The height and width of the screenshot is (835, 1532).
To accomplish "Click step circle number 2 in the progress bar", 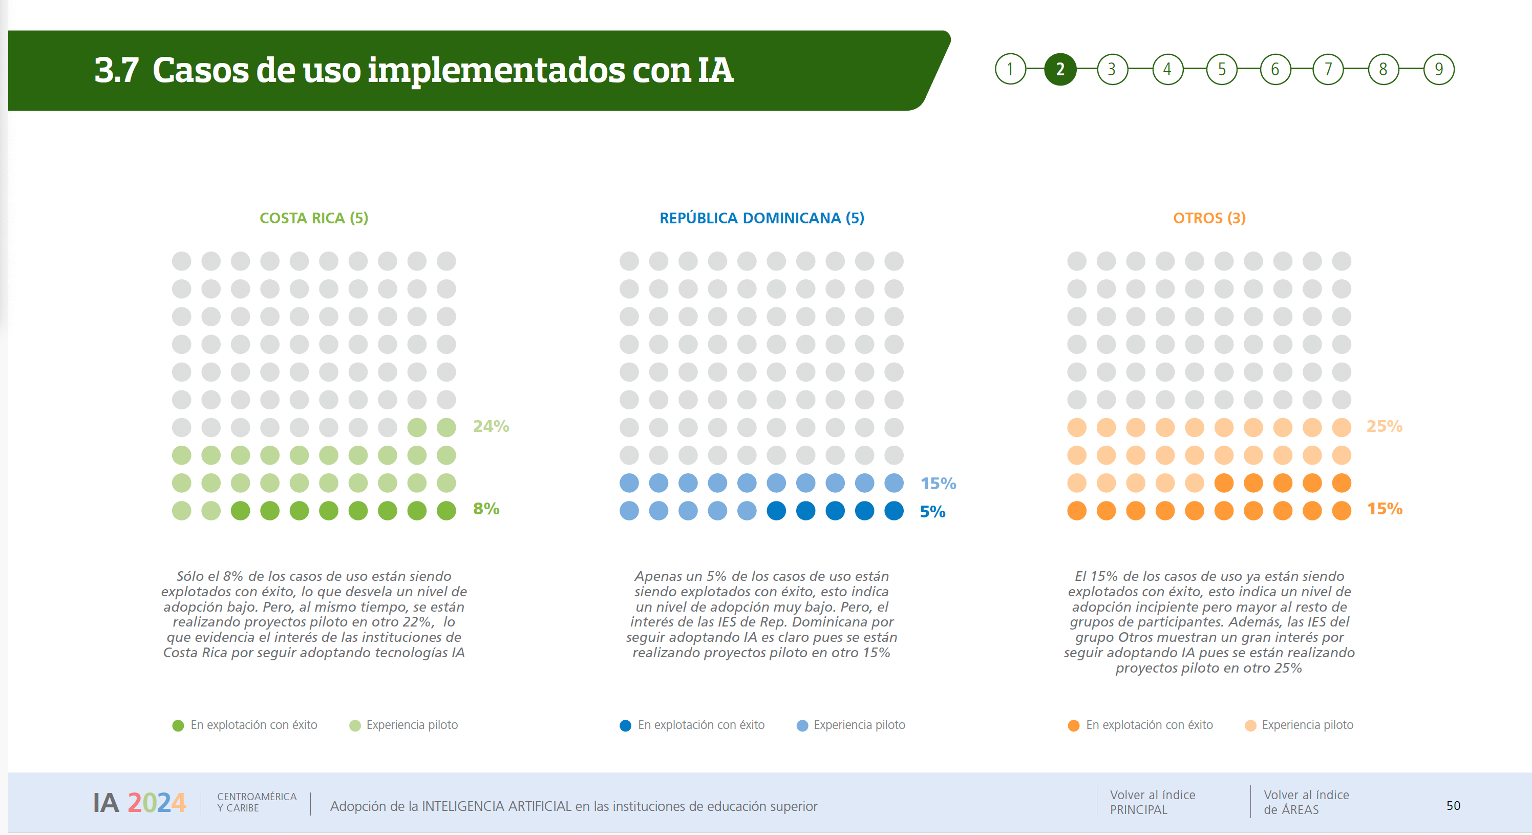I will [x=1060, y=70].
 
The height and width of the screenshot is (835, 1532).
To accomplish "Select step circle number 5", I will [x=1222, y=70].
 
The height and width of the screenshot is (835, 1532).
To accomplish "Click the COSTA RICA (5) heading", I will [x=313, y=218].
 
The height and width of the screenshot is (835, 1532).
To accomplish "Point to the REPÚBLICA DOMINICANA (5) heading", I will [x=761, y=218].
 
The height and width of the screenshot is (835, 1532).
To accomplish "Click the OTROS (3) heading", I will [x=1209, y=218].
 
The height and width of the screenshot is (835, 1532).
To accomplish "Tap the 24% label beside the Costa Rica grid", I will [x=491, y=426].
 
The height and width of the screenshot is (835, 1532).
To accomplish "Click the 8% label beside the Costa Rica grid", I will [x=486, y=509].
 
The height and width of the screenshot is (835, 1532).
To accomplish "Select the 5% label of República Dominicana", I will [x=932, y=512].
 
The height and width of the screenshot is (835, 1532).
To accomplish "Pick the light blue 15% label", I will [x=938, y=483].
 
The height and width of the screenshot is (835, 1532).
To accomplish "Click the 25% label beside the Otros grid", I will [x=1384, y=426].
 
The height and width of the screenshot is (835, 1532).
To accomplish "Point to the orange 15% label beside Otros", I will [x=1384, y=509].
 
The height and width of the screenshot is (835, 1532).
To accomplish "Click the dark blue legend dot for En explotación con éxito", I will [x=625, y=725].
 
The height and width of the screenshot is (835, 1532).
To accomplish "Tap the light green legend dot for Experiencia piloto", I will [x=355, y=725].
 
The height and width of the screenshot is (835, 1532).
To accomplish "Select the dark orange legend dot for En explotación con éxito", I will [x=1073, y=725].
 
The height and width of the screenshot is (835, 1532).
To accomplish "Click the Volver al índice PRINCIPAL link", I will [x=1152, y=802].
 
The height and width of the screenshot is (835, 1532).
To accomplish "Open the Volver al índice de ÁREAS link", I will [x=1306, y=802].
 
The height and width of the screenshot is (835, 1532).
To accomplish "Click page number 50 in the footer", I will [x=1453, y=805].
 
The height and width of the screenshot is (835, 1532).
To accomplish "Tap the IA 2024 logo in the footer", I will [x=139, y=803].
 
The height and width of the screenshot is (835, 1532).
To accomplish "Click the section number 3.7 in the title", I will [x=117, y=70].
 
